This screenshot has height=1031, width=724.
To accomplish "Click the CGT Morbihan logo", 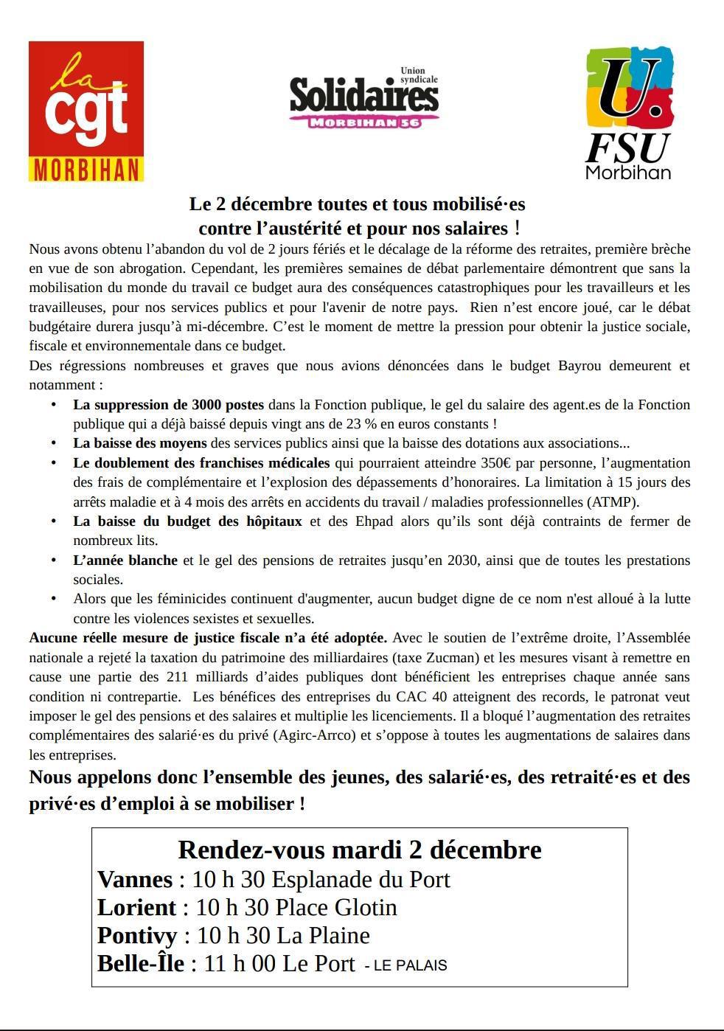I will pyautogui.click(x=86, y=111).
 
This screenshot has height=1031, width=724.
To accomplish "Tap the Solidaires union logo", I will pyautogui.click(x=363, y=96).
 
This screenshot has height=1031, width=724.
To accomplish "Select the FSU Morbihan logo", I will pyautogui.click(x=629, y=114).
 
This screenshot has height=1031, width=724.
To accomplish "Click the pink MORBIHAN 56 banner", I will pyautogui.click(x=364, y=122).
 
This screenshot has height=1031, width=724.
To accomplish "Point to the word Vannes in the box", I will pyautogui.click(x=135, y=880).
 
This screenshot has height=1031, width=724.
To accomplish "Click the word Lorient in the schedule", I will pyautogui.click(x=137, y=908).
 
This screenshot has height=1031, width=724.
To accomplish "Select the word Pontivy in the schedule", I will pyautogui.click(x=137, y=936).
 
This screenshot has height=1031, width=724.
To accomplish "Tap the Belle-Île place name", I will pyautogui.click(x=141, y=964).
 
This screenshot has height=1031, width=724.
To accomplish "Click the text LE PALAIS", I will pyautogui.click(x=410, y=965).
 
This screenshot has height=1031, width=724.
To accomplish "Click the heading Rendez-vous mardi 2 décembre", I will pyautogui.click(x=360, y=850).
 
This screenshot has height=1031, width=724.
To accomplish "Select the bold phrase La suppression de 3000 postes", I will pyautogui.click(x=168, y=405).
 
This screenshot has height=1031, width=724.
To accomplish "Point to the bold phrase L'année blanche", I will pyautogui.click(x=125, y=560).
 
